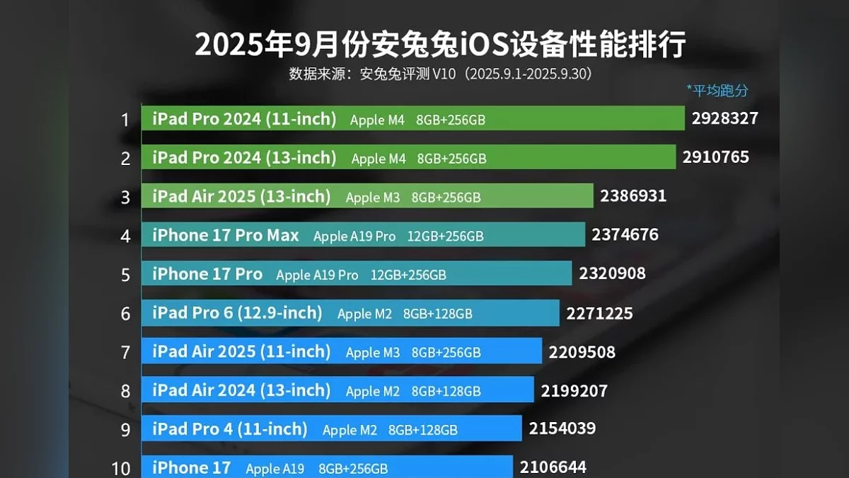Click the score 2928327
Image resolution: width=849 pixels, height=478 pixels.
point(724,118)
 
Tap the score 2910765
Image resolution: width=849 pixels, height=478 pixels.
point(715,157)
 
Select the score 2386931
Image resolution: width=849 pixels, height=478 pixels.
point(633,195)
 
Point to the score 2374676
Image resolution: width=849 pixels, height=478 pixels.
point(625,234)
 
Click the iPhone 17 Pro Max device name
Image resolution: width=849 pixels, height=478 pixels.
point(226,235)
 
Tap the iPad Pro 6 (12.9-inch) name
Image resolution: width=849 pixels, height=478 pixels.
point(237,312)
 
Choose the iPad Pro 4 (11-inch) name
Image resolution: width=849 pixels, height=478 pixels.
point(230,429)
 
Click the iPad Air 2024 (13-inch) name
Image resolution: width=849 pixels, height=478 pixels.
point(241,390)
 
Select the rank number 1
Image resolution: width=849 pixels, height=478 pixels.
point(125,120)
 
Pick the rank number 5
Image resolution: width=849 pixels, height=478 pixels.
point(125,275)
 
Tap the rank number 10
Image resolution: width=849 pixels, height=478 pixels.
point(121,468)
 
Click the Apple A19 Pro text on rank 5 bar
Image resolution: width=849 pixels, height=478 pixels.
point(317,275)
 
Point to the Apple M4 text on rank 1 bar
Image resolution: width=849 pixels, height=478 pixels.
point(377,120)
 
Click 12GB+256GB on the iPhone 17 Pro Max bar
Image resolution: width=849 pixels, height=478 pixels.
point(445,237)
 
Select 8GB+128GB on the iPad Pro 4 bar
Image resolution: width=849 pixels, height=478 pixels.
point(422,430)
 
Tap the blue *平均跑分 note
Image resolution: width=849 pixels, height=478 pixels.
point(717,90)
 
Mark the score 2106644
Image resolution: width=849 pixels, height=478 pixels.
point(553,467)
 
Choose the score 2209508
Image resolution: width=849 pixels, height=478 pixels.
point(582,351)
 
